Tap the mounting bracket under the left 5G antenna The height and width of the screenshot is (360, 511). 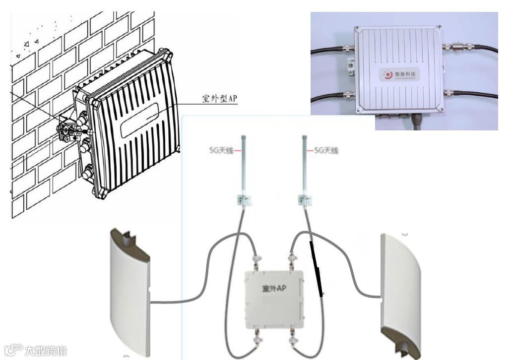point(244,200)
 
